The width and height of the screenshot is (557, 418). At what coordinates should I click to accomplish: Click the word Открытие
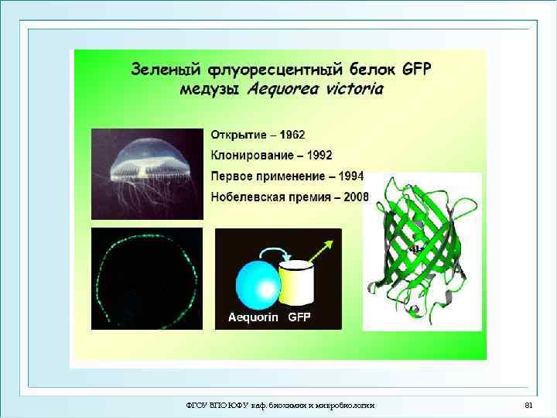click(x=236, y=135)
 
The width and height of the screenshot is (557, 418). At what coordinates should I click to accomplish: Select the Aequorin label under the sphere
click(x=254, y=317)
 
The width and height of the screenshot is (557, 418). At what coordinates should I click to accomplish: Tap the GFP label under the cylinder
click(x=299, y=317)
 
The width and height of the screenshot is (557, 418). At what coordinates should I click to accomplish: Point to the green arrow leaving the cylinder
click(x=322, y=251)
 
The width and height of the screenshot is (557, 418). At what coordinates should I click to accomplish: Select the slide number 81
click(x=529, y=406)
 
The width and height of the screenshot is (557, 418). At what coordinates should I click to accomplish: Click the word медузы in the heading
click(x=211, y=88)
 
